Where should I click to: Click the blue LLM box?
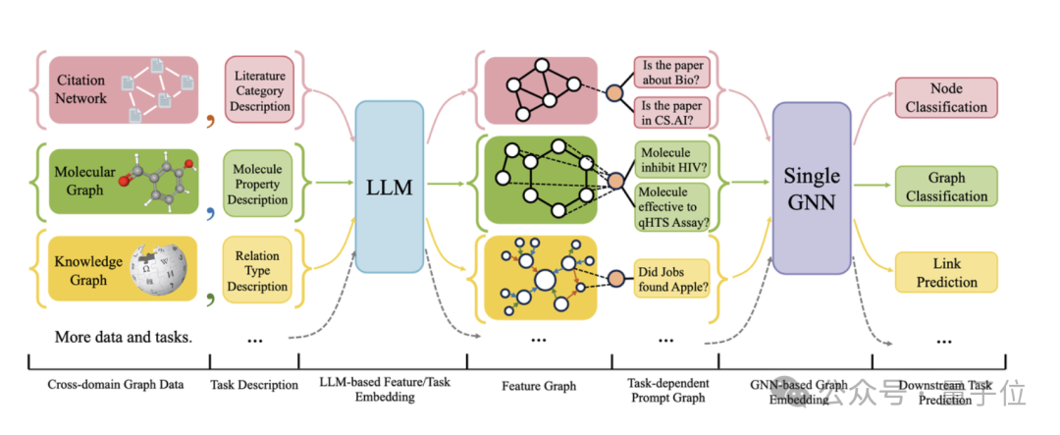[389, 187]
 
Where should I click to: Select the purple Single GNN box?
[811, 188]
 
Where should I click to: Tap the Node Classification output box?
[946, 97]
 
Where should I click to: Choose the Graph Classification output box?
[946, 187]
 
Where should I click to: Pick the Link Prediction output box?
[946, 272]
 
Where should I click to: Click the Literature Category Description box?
[259, 89]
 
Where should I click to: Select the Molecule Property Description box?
[257, 185]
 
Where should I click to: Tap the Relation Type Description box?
[257, 271]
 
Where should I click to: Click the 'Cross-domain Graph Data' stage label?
[116, 385]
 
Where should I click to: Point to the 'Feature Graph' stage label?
[540, 386]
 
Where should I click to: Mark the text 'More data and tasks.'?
[123, 337]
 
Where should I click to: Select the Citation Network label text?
[80, 89]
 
